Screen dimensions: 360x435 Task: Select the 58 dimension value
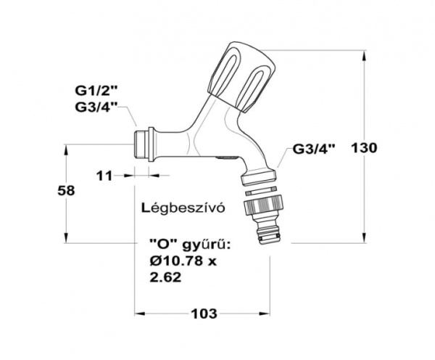66,190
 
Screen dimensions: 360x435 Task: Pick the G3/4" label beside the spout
315,149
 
